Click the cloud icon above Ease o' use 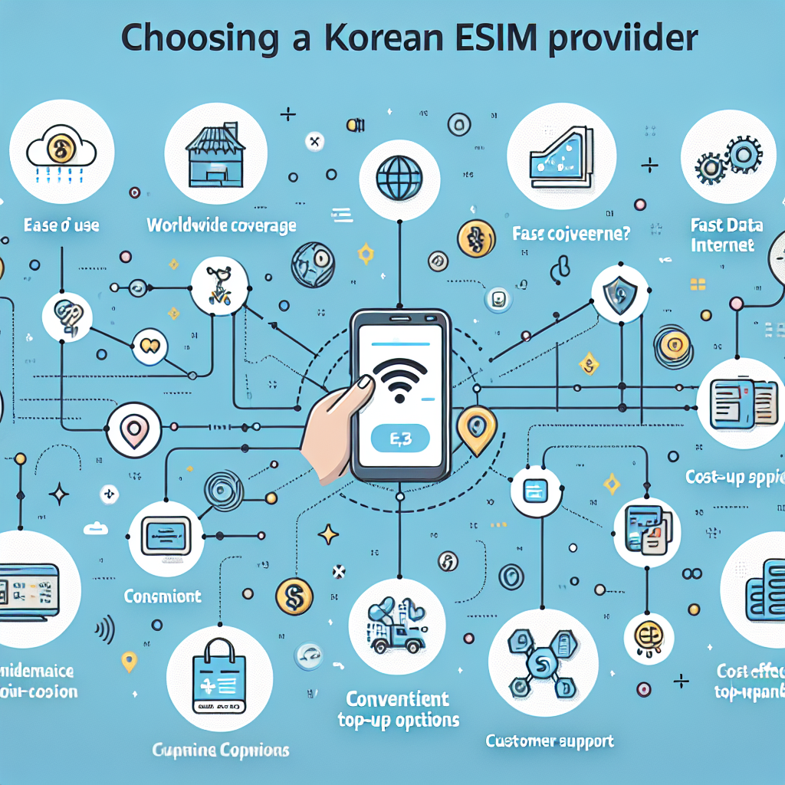point(61,149)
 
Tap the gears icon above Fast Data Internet point(724,162)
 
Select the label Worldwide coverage point(222,225)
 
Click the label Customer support point(549,741)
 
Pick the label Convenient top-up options point(398,709)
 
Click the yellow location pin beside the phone point(476,426)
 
